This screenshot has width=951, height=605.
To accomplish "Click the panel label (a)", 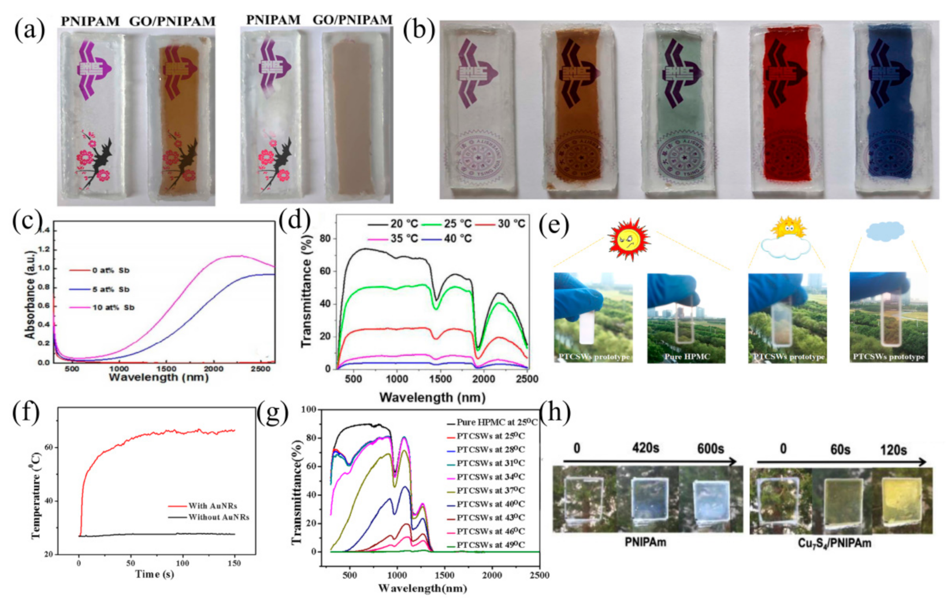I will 29,29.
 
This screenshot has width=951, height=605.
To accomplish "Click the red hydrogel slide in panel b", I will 783,110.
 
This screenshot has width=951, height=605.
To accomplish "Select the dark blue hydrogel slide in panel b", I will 890,110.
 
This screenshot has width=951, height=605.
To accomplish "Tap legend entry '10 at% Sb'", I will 113,308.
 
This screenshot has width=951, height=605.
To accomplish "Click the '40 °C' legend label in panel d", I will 458,238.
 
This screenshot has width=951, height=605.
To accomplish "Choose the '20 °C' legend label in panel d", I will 404,223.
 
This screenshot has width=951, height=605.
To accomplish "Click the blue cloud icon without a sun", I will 885,231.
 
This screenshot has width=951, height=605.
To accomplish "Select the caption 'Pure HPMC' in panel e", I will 686,357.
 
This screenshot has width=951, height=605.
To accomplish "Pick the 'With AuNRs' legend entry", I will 213,506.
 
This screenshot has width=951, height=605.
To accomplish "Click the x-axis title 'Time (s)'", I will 155,574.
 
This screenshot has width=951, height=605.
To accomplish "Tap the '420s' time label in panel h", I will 645,449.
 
